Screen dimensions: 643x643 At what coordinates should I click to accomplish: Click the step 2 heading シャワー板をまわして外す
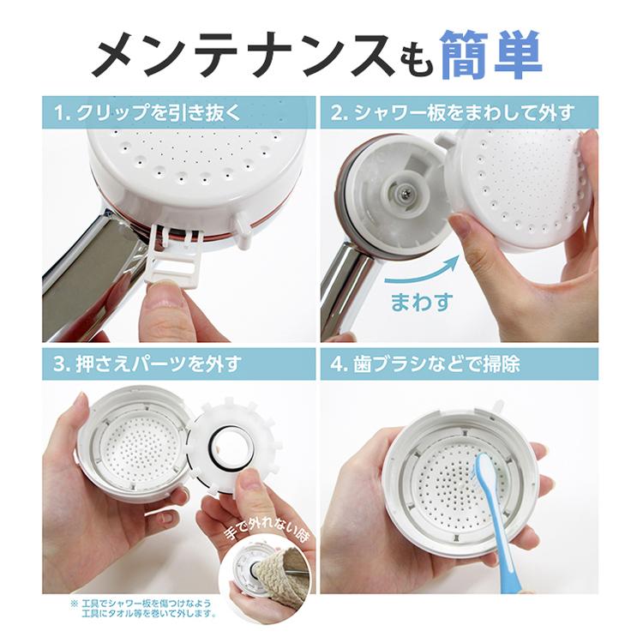click(x=463, y=113)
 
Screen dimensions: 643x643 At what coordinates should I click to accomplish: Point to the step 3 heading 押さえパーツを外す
click(x=157, y=364)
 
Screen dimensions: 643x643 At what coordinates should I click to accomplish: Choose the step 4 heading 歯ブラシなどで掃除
click(x=436, y=364)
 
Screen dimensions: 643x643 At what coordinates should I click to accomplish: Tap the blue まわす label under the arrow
click(x=423, y=302)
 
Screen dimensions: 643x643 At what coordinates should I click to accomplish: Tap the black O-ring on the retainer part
click(x=228, y=448)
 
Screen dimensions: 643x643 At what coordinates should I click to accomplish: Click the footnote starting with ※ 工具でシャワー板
click(x=144, y=609)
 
